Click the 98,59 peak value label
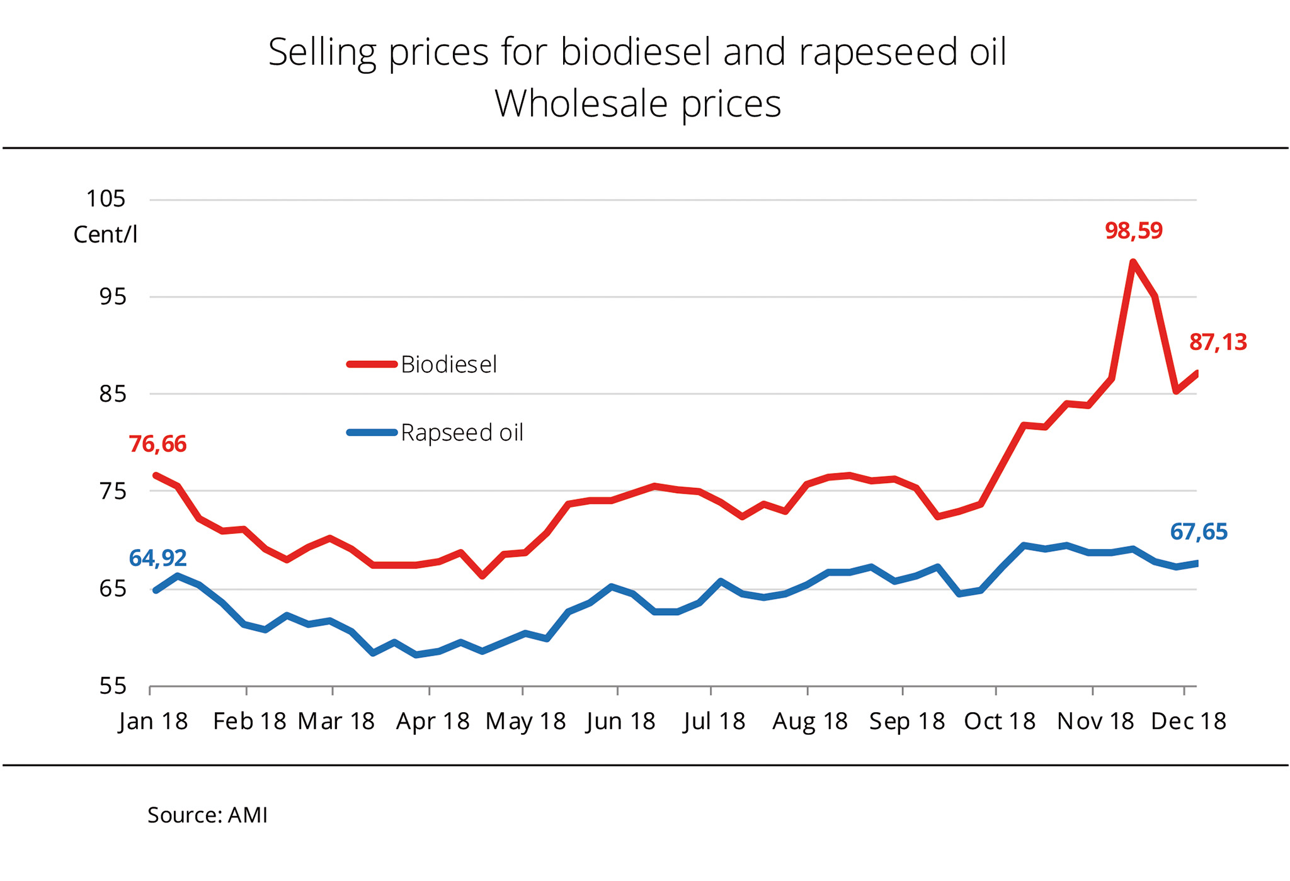click(1133, 231)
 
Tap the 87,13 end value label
click(1218, 343)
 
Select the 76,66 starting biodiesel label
click(157, 445)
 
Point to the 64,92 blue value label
click(157, 558)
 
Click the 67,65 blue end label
click(1198, 532)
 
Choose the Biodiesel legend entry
click(448, 365)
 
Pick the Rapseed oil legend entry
click(462, 433)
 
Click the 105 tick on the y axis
click(106, 199)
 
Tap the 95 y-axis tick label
click(113, 297)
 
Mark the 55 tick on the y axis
click(113, 686)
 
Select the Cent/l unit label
click(105, 235)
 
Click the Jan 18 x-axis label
click(153, 721)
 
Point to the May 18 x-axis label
click(525, 721)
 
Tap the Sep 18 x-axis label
click(907, 721)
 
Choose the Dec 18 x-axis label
click(1188, 721)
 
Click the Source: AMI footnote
click(207, 816)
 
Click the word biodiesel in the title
click(636, 52)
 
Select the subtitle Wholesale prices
click(637, 104)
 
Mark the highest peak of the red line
click(1133, 262)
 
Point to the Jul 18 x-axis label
click(714, 721)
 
